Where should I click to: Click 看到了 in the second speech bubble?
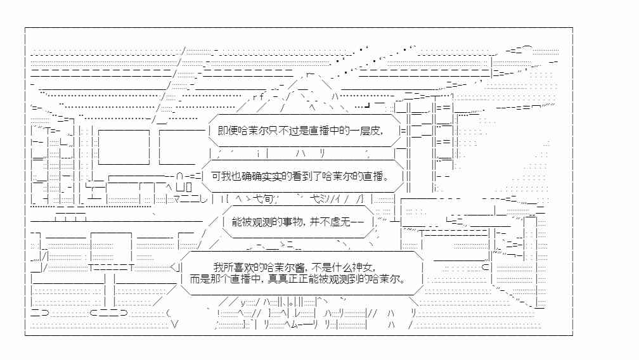307,176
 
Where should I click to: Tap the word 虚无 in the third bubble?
340,222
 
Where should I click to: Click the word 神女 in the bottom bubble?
363,267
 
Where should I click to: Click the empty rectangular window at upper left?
124,147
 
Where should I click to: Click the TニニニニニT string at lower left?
112,267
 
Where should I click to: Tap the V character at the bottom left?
175,325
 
